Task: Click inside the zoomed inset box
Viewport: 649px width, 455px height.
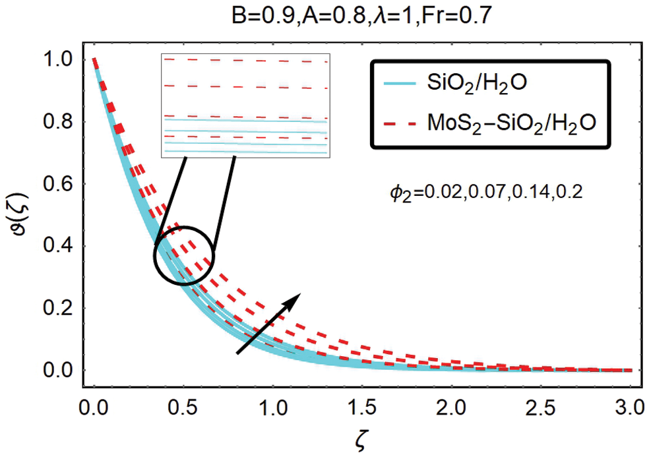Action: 245,106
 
